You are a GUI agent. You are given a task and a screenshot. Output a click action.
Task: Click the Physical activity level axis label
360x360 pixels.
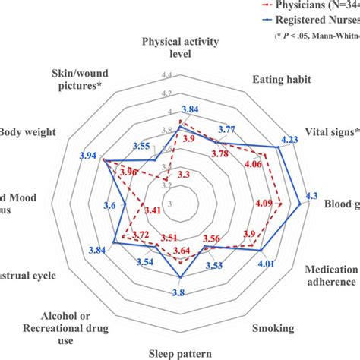click(180, 47)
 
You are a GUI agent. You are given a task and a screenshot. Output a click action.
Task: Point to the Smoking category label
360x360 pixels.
click(274, 328)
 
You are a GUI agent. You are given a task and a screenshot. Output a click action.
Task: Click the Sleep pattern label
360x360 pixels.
click(180, 352)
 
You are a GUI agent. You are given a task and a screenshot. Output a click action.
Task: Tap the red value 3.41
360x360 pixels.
click(152, 210)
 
